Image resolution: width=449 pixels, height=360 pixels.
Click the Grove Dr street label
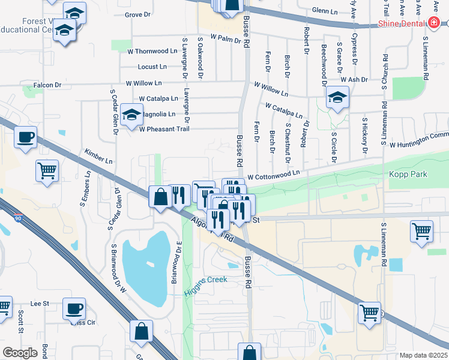(x=137, y=14)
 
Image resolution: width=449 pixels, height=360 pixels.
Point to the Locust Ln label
(x=152, y=67)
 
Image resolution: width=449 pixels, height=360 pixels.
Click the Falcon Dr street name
(x=47, y=85)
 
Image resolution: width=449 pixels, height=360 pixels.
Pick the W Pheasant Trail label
(x=164, y=128)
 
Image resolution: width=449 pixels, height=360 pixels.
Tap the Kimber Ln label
(x=98, y=157)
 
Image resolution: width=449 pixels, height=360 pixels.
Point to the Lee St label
(x=40, y=304)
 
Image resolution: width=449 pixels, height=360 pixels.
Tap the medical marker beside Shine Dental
(x=435, y=23)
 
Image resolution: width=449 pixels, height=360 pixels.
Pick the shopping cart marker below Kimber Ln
(x=46, y=170)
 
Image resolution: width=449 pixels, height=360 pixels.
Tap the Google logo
(x=20, y=352)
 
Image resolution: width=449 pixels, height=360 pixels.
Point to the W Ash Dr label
(x=353, y=79)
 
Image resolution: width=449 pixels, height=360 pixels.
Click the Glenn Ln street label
(x=325, y=11)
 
